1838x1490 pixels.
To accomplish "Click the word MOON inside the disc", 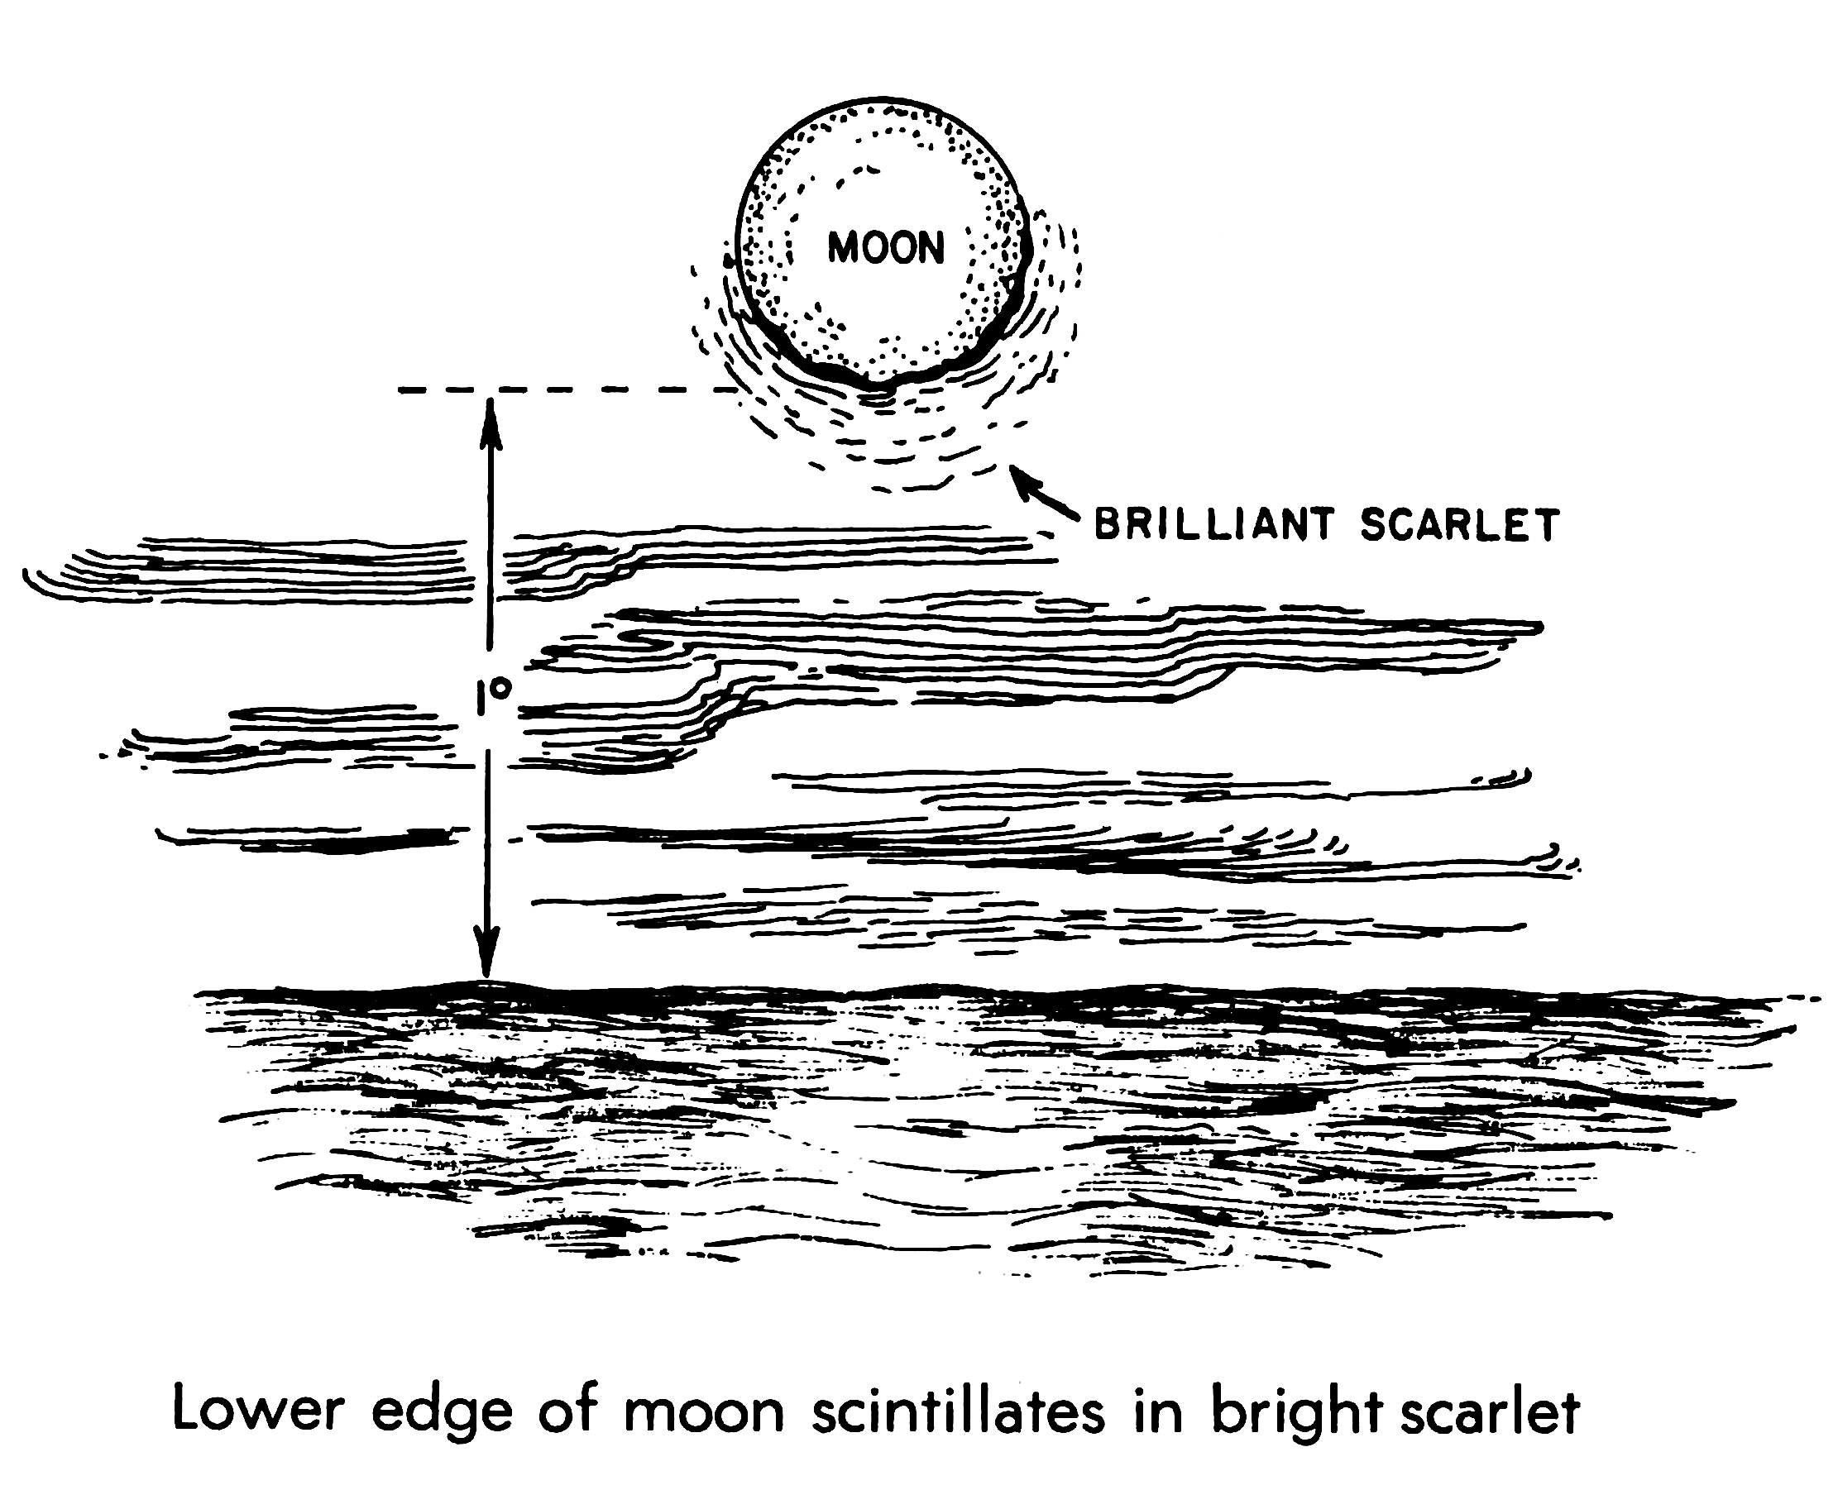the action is [885, 247].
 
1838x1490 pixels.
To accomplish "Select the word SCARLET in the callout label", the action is [1458, 524].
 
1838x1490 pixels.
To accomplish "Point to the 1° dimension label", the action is [493, 697].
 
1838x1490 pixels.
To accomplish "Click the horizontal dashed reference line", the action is [567, 390].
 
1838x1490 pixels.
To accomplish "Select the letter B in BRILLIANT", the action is [1107, 524].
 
